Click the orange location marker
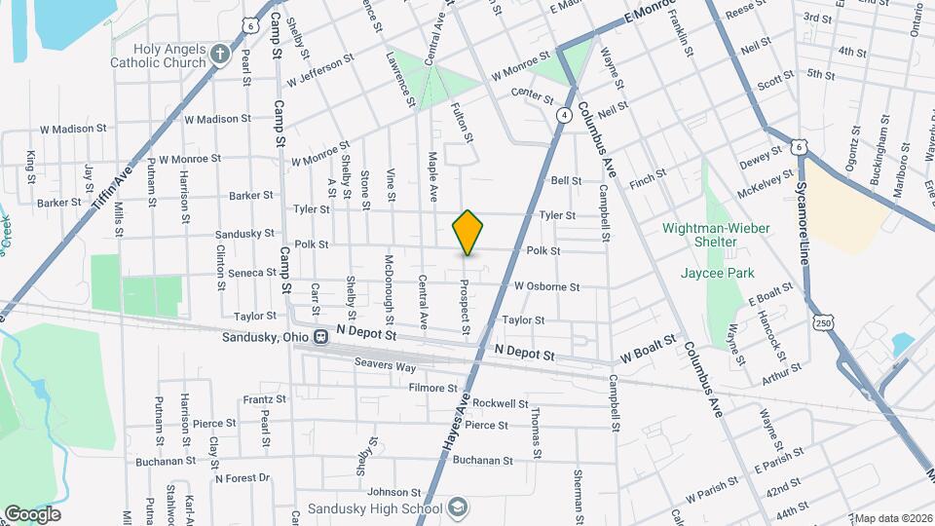pos(467,233)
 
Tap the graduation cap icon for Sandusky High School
pos(459,508)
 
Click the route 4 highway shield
pos(564,116)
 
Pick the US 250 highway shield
pos(824,321)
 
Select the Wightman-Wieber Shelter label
pos(717,235)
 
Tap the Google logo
pos(31,513)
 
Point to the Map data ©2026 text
pos(892,518)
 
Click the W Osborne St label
pos(546,287)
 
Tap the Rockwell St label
pos(501,403)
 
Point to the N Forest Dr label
pos(242,478)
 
